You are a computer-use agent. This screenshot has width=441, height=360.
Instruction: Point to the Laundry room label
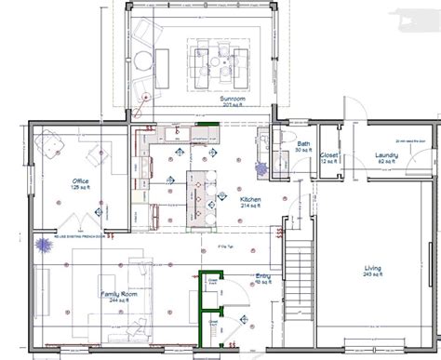click(x=387, y=154)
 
